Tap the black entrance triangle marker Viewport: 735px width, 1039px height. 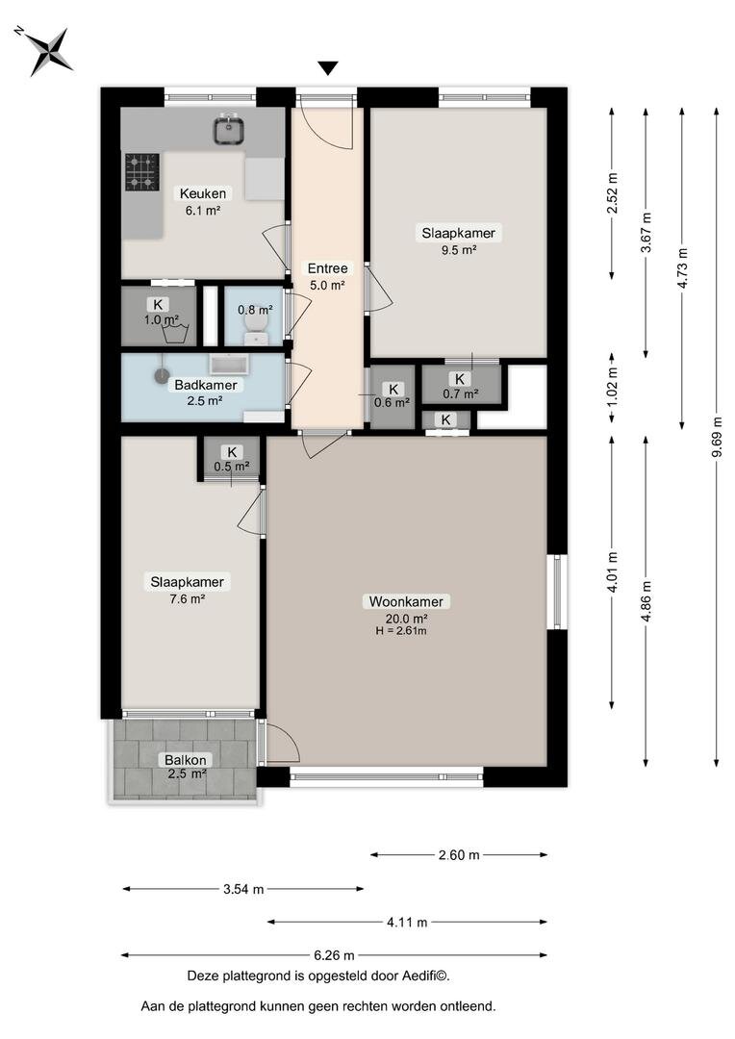[327, 68]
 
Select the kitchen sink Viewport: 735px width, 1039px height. [230, 129]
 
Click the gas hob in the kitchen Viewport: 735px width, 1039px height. [141, 171]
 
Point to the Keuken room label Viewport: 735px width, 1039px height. [203, 193]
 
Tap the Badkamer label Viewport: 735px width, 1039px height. [206, 385]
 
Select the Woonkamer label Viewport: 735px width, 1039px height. [406, 601]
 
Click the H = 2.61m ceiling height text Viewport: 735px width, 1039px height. [401, 631]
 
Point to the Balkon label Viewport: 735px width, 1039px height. [186, 760]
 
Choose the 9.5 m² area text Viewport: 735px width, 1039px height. [459, 250]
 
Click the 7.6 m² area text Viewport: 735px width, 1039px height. [187, 599]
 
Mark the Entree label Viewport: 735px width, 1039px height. [327, 268]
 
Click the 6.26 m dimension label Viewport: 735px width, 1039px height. [334, 955]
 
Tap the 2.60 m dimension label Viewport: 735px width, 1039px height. [459, 855]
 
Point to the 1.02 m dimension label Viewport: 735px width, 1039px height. [612, 387]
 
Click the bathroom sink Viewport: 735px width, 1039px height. [229, 364]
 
